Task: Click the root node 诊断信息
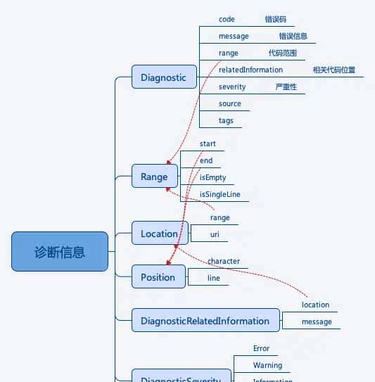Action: (60, 251)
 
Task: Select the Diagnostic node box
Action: (163, 77)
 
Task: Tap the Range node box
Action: (154, 177)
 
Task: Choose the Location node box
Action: (159, 234)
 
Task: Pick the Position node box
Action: (158, 277)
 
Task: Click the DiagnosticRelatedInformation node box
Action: (205, 321)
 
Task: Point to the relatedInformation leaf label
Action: (250, 70)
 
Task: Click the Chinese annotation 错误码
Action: (275, 20)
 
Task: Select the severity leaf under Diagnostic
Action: (232, 87)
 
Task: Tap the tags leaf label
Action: (226, 121)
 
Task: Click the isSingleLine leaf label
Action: (220, 194)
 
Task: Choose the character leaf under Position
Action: (224, 262)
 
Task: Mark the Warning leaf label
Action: (267, 366)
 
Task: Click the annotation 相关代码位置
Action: (334, 70)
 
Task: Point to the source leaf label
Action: (230, 104)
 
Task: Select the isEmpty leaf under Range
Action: (213, 178)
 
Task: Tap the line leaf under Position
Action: (214, 279)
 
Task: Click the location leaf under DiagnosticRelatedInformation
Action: (315, 305)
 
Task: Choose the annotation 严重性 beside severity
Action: (286, 87)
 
